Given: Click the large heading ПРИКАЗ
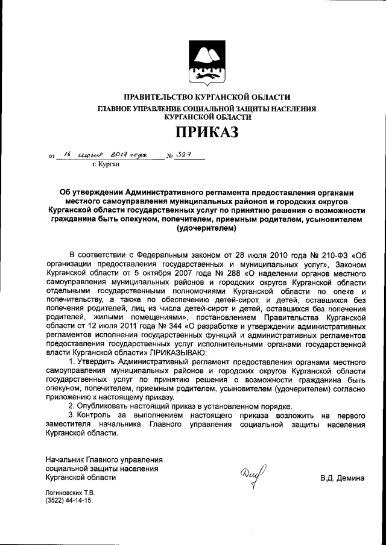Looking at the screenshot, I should [x=207, y=131].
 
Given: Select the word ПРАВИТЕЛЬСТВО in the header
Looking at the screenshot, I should [x=158, y=97].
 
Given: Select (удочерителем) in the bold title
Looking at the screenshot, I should [x=207, y=229].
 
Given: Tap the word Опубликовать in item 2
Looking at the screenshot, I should [x=106, y=406].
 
